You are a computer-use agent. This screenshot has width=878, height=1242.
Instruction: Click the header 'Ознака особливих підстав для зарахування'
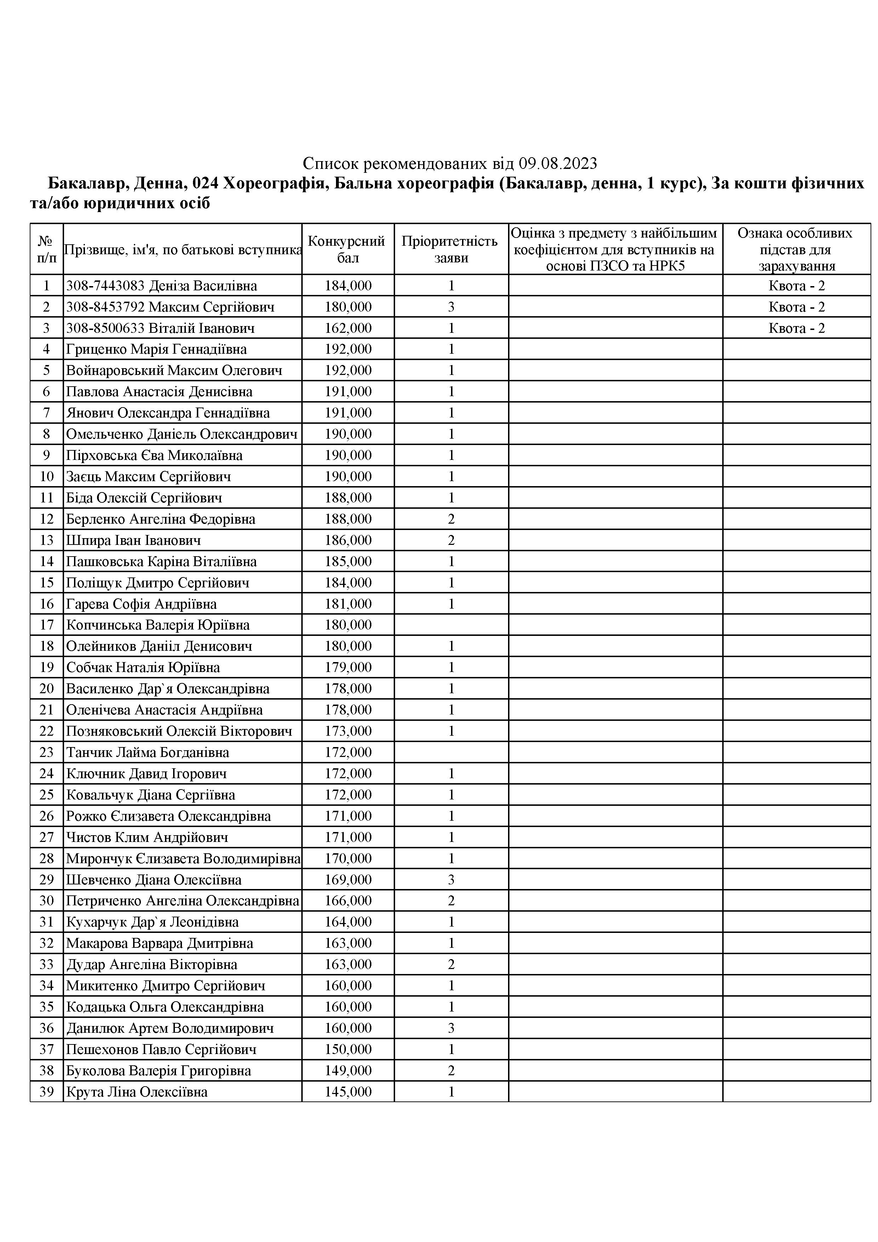tap(796, 249)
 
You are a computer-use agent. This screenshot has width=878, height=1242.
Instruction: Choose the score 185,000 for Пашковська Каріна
tap(348, 562)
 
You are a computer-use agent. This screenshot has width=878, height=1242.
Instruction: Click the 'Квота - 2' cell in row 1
tap(796, 286)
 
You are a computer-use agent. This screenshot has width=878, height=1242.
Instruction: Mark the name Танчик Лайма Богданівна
tap(148, 752)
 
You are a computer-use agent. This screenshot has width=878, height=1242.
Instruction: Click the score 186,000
tap(348, 540)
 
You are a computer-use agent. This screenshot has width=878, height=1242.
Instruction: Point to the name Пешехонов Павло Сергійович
tap(161, 1049)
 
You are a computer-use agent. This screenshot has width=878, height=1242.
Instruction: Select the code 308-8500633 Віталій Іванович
tap(160, 328)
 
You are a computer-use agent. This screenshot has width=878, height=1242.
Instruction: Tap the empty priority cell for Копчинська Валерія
tap(451, 625)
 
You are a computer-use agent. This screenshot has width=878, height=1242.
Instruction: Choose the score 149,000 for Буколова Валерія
tap(348, 1071)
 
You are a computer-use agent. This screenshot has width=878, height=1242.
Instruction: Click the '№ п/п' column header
tap(46, 249)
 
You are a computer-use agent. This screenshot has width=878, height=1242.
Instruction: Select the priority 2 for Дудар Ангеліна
tap(451, 964)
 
